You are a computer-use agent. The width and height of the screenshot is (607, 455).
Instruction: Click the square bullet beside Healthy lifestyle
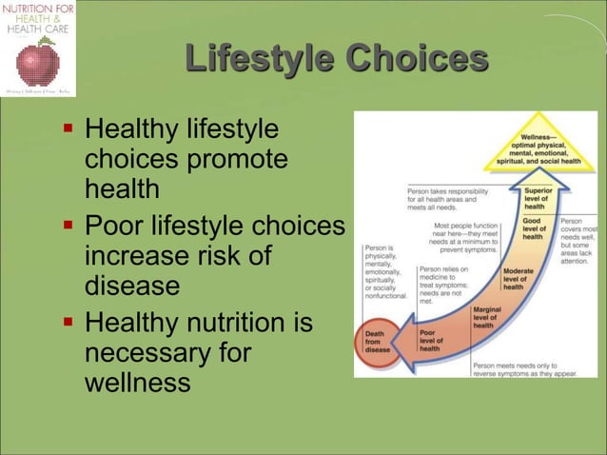click(x=69, y=128)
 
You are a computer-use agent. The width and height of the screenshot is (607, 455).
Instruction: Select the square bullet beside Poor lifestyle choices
click(x=69, y=227)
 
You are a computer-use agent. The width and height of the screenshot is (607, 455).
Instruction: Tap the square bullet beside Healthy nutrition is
click(x=69, y=324)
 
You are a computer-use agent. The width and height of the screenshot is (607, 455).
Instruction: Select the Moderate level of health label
click(x=519, y=278)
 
